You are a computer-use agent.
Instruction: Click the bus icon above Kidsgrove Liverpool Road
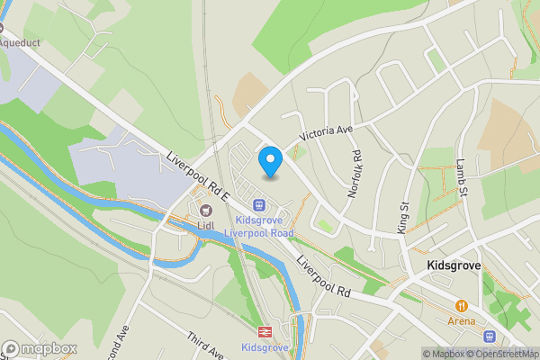[x=259, y=204]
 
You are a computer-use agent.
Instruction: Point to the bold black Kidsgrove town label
[x=454, y=266]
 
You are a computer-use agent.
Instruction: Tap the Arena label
[x=461, y=320]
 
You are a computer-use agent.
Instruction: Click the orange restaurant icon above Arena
[x=461, y=306]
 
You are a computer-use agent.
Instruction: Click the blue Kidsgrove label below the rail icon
[x=265, y=347]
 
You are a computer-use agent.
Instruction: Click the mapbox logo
[x=40, y=348]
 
